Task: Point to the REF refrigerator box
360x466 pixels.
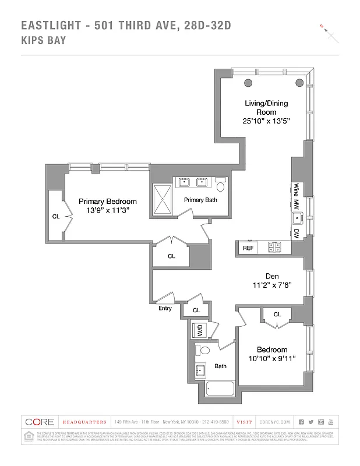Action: click(248, 248)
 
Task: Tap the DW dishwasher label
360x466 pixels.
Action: click(297, 233)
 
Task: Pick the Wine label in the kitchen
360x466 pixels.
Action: click(297, 189)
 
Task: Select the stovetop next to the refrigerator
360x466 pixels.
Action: click(273, 248)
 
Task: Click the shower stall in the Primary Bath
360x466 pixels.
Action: click(165, 199)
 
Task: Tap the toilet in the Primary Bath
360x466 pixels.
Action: click(220, 187)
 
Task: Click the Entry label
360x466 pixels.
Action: click(165, 308)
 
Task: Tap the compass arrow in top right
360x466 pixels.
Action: click(329, 33)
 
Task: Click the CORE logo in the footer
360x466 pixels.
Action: click(40, 422)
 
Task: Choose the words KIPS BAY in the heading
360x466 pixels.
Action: click(43, 40)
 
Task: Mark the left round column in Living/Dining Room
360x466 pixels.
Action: click(248, 82)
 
